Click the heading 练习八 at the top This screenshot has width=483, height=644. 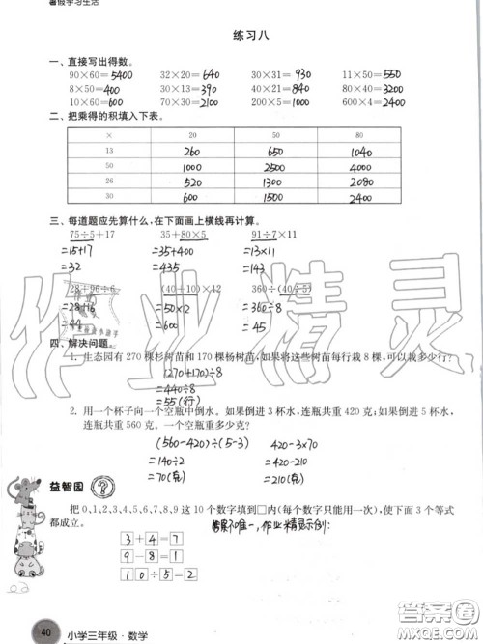[241, 35]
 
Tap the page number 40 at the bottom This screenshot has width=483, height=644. [43, 632]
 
